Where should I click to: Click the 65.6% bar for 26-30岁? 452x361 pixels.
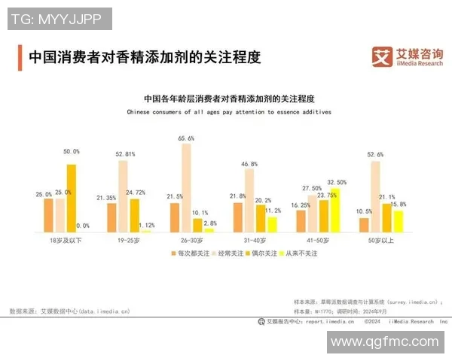pyautogui.click(x=186, y=187)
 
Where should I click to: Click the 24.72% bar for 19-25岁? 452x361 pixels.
pyautogui.click(x=135, y=214)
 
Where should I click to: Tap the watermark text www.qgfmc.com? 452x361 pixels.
pyautogui.click(x=384, y=341)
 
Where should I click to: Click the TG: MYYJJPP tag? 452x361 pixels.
pyautogui.click(x=57, y=19)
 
